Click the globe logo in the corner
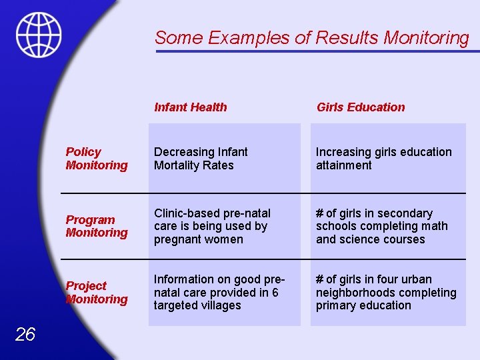pos(39,35)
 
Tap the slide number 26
pos(25,334)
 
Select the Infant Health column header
pos(190,107)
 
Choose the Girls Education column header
pos(360,107)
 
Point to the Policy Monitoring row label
pos(96,159)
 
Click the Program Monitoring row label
pos(96,226)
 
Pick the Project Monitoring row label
pos(96,292)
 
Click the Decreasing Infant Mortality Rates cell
pos(201,159)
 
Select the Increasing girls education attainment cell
pos(383,159)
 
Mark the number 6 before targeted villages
pos(275,293)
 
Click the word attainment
pos(343,165)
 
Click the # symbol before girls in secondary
pos(319,213)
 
